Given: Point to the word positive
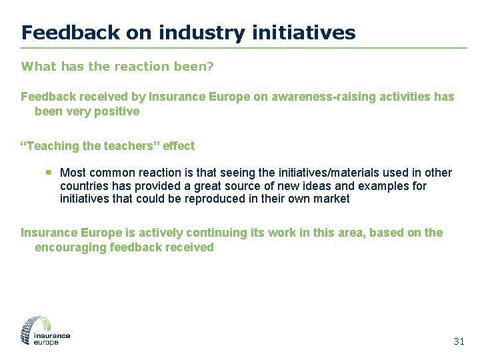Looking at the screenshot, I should tap(117, 111).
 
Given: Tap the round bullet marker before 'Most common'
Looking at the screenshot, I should tap(49, 172).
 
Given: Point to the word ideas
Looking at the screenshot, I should tap(311, 186).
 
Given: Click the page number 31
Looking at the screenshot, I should tap(458, 341).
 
